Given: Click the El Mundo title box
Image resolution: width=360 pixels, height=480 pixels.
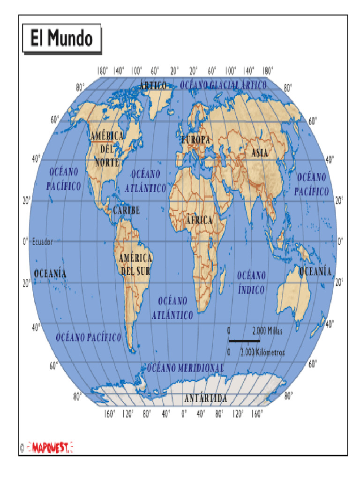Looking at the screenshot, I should (61, 38).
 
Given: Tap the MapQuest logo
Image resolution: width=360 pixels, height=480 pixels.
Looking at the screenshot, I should (51, 448).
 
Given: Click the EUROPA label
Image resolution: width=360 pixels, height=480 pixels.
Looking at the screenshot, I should (196, 140).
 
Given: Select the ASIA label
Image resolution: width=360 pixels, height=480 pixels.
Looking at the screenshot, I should (260, 152).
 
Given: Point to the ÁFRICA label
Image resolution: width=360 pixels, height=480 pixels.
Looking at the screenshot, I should (199, 220).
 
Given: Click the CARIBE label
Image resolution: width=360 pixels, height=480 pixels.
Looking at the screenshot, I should (126, 211).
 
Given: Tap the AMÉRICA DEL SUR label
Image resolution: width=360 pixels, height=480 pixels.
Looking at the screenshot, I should (135, 264).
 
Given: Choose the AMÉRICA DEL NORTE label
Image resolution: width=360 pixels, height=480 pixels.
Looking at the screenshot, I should (107, 149).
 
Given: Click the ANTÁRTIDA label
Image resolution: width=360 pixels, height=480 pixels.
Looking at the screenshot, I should (206, 399).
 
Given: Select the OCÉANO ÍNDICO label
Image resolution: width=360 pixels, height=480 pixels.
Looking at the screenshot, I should (251, 283).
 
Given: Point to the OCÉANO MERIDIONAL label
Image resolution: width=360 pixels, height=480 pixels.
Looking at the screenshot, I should (186, 368).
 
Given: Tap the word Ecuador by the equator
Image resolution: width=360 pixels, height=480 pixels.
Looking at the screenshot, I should (42, 242).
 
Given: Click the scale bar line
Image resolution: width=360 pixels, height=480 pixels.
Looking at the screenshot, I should (244, 340).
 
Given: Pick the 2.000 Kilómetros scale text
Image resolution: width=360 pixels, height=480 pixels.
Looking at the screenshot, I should (262, 352).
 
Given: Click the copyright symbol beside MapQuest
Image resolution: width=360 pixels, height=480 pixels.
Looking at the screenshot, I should (22, 449).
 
